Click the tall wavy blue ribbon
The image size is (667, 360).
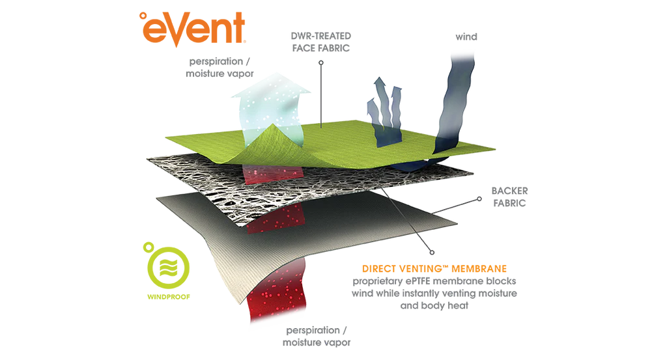(456, 98)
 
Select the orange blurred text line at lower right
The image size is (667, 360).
(434, 268)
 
